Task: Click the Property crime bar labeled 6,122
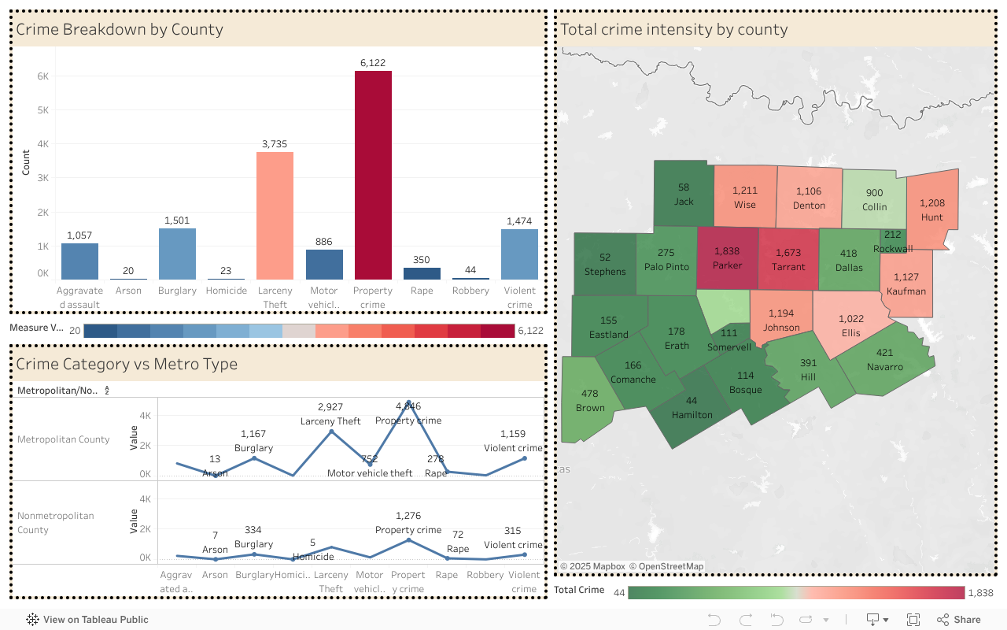pos(373,175)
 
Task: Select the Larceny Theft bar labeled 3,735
pos(275,216)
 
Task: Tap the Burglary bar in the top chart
pos(177,254)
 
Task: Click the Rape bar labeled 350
pos(422,273)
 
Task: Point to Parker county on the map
pos(727,258)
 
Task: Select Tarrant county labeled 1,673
pos(788,259)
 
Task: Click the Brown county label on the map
pos(590,401)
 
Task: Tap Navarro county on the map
pos(884,360)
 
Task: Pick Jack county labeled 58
pos(684,195)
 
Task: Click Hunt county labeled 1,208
pos(931,209)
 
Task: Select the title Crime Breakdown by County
pos(120,30)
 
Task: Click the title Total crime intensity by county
pos(673,30)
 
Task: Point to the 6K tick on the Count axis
pos(43,76)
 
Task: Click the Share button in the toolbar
pos(958,620)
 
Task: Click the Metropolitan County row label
pos(64,439)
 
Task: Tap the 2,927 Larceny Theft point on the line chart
pos(331,432)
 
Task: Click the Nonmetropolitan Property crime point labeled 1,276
pos(408,540)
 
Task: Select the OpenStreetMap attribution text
pos(666,566)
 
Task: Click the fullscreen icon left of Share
pos(913,620)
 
